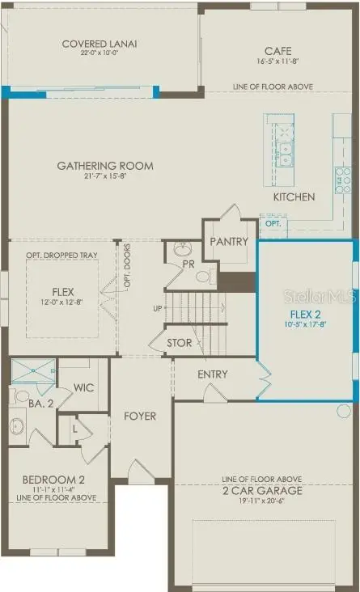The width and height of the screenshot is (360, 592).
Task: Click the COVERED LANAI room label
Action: click(x=100, y=44)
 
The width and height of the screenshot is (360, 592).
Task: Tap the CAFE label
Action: click(x=277, y=50)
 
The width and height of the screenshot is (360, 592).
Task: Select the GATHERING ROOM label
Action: click(x=105, y=166)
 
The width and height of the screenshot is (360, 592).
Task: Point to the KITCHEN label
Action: click(x=294, y=197)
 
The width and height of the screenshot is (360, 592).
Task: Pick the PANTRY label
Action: click(x=229, y=242)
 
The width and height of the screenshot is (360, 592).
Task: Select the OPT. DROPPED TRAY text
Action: click(x=61, y=256)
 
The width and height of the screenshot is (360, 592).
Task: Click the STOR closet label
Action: click(x=180, y=343)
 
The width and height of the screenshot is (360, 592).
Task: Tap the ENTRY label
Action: click(x=213, y=374)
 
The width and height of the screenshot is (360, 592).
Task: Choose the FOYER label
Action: click(x=140, y=417)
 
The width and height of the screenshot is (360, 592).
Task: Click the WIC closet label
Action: click(x=84, y=388)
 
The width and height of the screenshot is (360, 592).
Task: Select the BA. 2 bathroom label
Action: click(x=37, y=402)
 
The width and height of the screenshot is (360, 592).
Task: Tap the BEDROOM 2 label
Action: click(x=54, y=479)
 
